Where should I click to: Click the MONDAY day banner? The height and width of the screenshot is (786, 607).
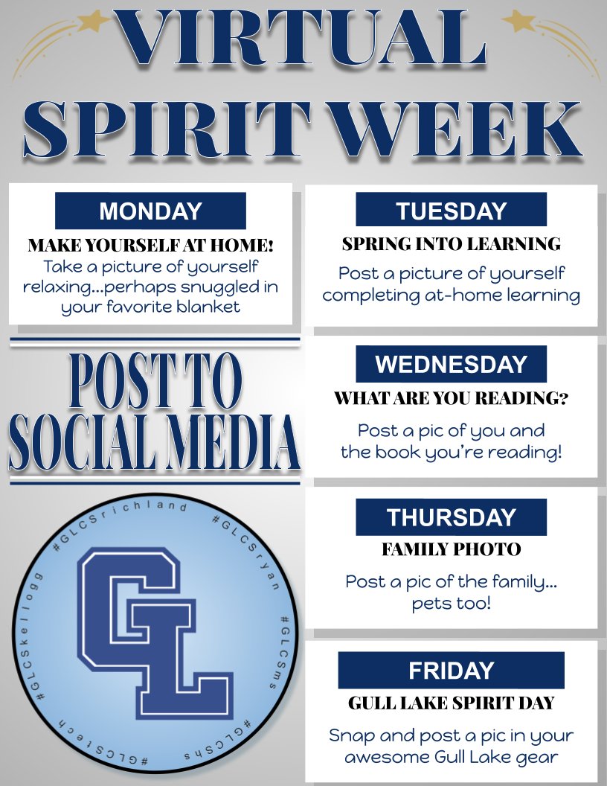coord(150,211)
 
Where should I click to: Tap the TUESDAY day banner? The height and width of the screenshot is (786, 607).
coord(451,211)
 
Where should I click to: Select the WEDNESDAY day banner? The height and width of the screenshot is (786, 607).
coord(451,364)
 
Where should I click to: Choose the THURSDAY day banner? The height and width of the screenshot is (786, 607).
coord(451,517)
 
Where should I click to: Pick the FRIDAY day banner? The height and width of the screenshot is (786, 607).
coord(451,671)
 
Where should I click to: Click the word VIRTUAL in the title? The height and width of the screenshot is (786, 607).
coord(301,37)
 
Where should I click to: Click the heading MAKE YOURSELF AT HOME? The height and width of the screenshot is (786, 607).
coord(150,246)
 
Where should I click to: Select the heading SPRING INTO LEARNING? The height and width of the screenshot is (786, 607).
coord(451,243)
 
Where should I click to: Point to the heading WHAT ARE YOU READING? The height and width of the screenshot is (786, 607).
coord(451,398)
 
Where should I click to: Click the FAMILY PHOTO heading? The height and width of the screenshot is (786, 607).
coord(451,550)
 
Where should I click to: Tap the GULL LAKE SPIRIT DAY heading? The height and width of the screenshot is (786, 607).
coord(451,703)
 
